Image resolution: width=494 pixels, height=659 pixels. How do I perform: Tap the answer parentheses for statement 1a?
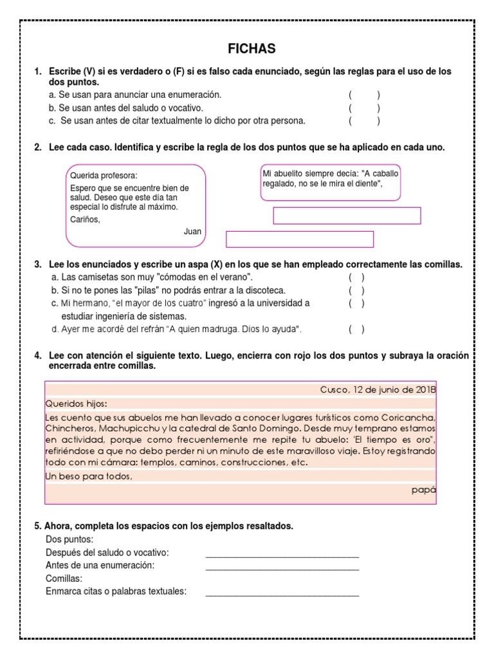coord(364,95)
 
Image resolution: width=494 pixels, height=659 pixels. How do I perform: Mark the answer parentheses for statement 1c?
coord(364,120)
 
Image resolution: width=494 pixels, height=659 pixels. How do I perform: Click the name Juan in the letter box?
coord(192,231)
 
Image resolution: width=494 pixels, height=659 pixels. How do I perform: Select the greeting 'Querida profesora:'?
coord(104,175)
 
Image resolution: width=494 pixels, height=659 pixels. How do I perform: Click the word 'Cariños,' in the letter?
coord(86,219)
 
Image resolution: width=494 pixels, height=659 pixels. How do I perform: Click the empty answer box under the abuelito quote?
coord(347,216)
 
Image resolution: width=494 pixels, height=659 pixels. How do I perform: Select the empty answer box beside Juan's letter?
coord(299,239)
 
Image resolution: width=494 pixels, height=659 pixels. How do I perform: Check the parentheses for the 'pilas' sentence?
coord(356,290)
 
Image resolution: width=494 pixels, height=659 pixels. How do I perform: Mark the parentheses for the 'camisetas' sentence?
coord(356,277)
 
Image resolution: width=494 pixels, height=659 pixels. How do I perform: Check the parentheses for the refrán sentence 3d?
coord(356,329)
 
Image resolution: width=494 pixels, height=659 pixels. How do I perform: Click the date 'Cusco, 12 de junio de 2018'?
coord(378,389)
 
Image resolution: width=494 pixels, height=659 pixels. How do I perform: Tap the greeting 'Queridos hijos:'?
coord(77,404)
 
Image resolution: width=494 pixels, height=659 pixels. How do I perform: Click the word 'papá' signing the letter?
coord(423,490)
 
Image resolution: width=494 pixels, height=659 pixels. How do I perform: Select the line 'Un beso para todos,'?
coord(89,476)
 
